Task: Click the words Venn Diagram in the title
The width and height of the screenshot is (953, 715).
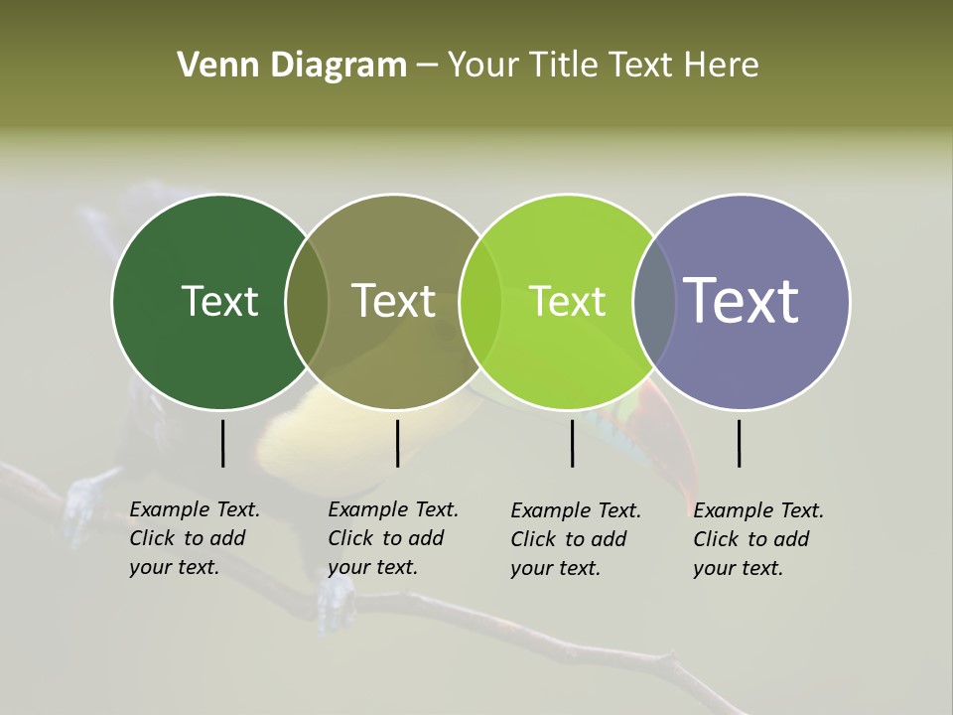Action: click(292, 66)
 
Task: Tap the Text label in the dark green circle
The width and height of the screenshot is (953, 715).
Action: click(219, 301)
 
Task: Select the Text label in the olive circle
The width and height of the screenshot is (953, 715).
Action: click(393, 301)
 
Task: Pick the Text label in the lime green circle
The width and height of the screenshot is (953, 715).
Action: click(567, 301)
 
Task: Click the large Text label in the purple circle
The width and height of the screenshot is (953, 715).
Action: click(741, 301)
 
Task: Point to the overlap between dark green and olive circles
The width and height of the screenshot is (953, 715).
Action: click(307, 302)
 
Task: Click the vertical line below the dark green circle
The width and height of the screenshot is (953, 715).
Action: click(222, 443)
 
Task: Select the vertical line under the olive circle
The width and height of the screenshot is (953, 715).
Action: click(397, 443)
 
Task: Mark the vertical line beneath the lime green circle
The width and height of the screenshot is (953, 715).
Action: click(572, 443)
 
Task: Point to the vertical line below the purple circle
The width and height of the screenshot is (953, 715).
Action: click(739, 443)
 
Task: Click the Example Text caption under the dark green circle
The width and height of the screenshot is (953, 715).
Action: click(194, 538)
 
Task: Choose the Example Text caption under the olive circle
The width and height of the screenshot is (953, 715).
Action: click(392, 538)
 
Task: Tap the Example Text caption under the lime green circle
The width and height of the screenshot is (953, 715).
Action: click(575, 539)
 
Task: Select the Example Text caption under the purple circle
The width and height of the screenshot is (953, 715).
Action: click(757, 539)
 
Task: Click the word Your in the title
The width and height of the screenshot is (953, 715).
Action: click(483, 66)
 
